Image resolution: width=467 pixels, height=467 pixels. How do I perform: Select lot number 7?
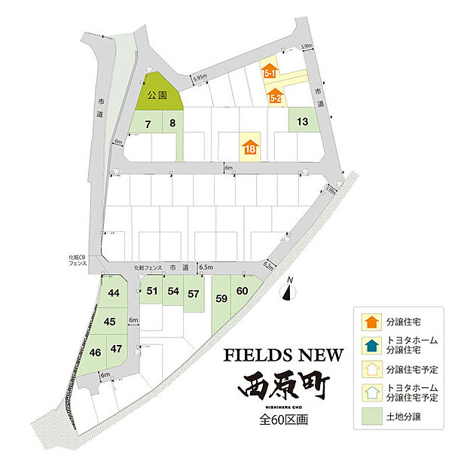click(x=148, y=123)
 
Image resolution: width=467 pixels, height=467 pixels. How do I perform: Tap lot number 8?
click(x=172, y=123)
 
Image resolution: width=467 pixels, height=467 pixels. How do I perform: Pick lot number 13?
click(x=302, y=121)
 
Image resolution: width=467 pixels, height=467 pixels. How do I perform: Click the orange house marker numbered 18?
click(x=250, y=146)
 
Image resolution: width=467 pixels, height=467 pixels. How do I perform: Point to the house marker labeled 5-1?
click(x=271, y=72)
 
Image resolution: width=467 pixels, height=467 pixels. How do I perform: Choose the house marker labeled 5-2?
click(x=275, y=96)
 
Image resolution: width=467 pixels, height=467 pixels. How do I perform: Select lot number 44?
click(x=114, y=293)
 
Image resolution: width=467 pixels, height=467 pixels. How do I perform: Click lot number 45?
click(x=110, y=322)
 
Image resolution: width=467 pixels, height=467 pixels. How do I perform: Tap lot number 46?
click(x=96, y=352)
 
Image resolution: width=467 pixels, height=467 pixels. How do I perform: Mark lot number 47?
click(x=115, y=349)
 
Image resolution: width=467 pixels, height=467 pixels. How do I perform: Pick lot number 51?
click(x=151, y=291)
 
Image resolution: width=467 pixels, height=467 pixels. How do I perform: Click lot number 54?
click(x=172, y=291)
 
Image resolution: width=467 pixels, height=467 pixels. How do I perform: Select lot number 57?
click(x=194, y=294)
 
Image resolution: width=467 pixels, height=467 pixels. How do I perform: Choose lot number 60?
click(x=242, y=291)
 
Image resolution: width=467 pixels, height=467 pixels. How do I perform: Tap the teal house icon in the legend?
click(x=370, y=344)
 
